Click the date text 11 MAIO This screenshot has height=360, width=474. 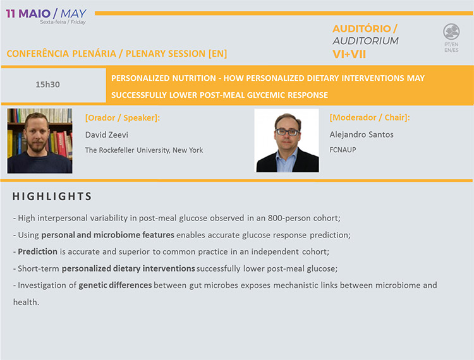pyautogui.click(x=28, y=14)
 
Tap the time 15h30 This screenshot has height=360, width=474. pyautogui.click(x=47, y=85)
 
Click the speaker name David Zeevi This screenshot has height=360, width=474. pyautogui.click(x=106, y=135)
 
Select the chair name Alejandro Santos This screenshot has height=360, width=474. pyautogui.click(x=362, y=135)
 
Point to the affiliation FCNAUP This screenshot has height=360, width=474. pyautogui.click(x=343, y=150)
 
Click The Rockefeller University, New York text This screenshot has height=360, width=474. pyautogui.click(x=144, y=150)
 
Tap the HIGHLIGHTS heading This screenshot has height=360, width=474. pyautogui.click(x=52, y=196)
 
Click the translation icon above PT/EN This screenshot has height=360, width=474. pyautogui.click(x=451, y=32)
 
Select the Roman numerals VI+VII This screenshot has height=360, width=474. pyautogui.click(x=349, y=54)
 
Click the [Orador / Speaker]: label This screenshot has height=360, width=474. pyautogui.click(x=123, y=117)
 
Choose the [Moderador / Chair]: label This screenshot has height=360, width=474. pyautogui.click(x=370, y=117)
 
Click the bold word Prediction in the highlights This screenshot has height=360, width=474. pyautogui.click(x=37, y=251)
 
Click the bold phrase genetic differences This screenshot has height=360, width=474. pyautogui.click(x=115, y=285)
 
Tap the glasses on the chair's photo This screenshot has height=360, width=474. pyautogui.click(x=288, y=132)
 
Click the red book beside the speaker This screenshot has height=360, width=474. pyautogui.click(x=61, y=144)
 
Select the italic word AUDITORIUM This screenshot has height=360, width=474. pyautogui.click(x=365, y=41)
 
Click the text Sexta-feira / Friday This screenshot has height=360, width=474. pyautogui.click(x=63, y=22)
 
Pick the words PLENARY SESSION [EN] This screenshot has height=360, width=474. pyautogui.click(x=176, y=54)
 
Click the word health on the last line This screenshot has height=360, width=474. pyautogui.click(x=25, y=302)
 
